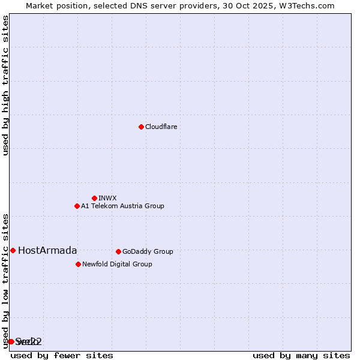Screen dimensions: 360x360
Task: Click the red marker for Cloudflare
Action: pyautogui.click(x=141, y=127)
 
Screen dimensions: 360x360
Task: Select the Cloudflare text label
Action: pyautogui.click(x=161, y=127)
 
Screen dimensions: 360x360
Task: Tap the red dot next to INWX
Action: pyautogui.click(x=94, y=198)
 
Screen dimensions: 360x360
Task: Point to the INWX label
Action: pyautogui.click(x=108, y=199)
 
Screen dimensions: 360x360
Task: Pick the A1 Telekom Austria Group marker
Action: pyautogui.click(x=77, y=206)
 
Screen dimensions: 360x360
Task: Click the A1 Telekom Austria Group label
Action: pyautogui.click(x=123, y=206)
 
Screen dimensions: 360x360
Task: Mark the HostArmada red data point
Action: pyautogui.click(x=13, y=250)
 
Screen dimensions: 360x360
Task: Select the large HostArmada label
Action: pyautogui.click(x=47, y=251)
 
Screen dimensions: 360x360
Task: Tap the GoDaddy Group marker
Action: pyautogui.click(x=118, y=251)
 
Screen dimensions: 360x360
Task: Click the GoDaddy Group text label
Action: pyautogui.click(x=148, y=252)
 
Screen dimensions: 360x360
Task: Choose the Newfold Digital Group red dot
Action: pyautogui.click(x=78, y=264)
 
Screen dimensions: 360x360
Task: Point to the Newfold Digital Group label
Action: pyautogui.click(x=117, y=265)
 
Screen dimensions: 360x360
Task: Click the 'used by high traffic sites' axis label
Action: pyautogui.click(x=5, y=85)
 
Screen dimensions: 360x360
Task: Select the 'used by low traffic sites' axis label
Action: pyautogui.click(x=5, y=280)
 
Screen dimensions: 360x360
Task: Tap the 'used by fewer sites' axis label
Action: pyautogui.click(x=62, y=355)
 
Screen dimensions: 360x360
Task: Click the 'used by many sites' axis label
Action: pyautogui.click(x=301, y=355)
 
